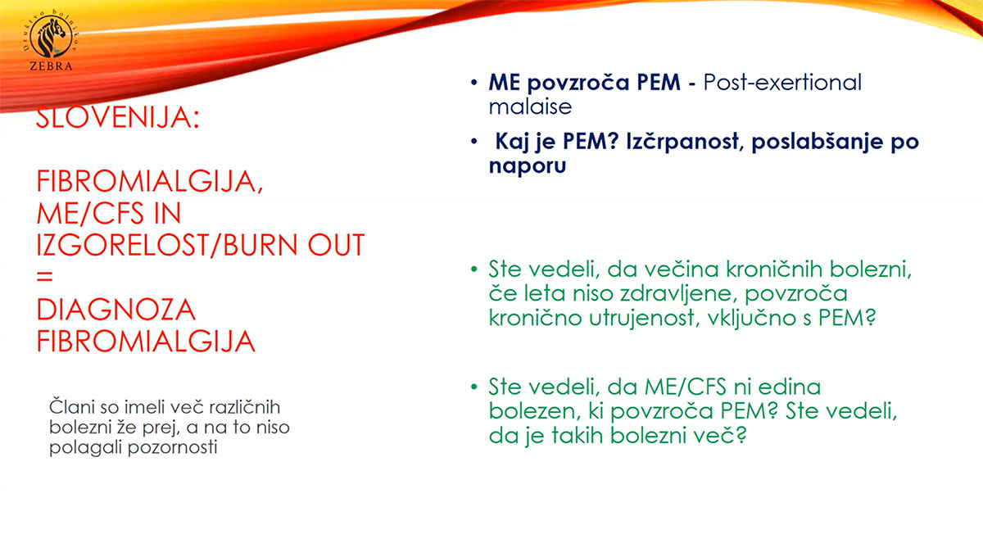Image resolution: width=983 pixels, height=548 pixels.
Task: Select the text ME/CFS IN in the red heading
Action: tap(109, 214)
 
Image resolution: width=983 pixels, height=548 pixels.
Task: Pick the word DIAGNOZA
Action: tap(116, 310)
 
